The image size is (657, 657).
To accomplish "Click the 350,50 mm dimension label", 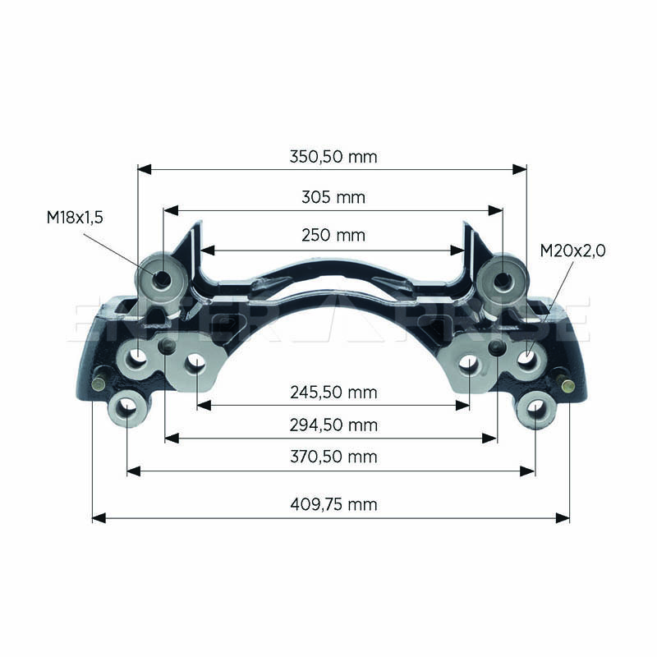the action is click(x=333, y=157).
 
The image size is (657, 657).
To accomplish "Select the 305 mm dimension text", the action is click(x=333, y=197).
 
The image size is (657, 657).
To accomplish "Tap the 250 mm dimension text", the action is click(x=333, y=236).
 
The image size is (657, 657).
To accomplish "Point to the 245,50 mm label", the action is click(x=333, y=393).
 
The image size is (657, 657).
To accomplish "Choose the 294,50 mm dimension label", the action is click(x=333, y=425).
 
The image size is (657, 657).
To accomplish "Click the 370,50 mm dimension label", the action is click(x=333, y=457).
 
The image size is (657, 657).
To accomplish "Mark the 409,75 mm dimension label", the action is click(x=333, y=504).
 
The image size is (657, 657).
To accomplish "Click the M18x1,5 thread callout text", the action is click(x=75, y=218).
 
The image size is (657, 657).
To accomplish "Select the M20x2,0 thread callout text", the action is click(x=572, y=250).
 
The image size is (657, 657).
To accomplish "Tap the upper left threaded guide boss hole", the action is click(x=162, y=278).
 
